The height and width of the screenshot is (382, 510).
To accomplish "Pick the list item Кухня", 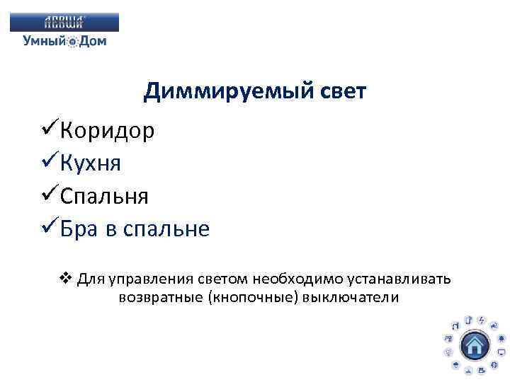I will (91, 163).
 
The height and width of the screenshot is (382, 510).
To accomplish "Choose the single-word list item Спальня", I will (104, 196).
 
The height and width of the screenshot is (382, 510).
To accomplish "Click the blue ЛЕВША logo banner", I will (64, 23).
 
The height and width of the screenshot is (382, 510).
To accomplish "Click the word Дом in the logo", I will (93, 41).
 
